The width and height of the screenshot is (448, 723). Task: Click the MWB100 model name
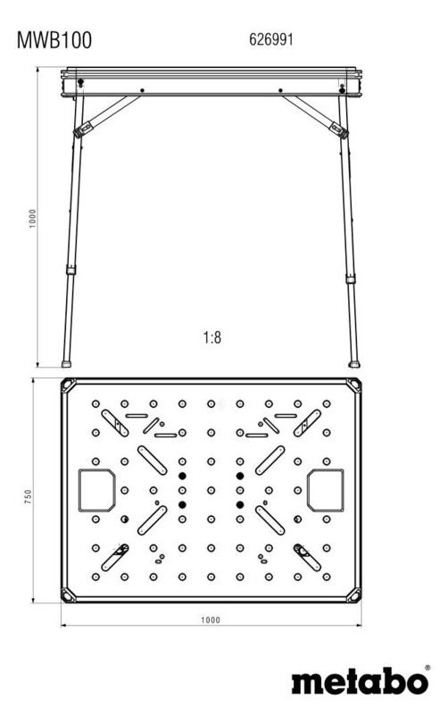[x=54, y=40]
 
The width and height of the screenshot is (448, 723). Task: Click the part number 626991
[x=271, y=39]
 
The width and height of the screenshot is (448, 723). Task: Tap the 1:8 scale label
[x=212, y=337]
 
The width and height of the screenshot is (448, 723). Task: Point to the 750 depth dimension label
[x=29, y=496]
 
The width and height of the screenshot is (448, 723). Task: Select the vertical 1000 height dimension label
[x=32, y=219]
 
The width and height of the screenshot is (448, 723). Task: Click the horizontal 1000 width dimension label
[x=211, y=620]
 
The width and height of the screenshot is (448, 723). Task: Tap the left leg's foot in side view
[x=67, y=364]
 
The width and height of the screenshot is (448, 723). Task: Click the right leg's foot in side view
[x=354, y=364]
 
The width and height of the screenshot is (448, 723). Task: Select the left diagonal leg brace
[x=107, y=116]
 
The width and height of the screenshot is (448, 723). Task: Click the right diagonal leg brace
[x=315, y=116]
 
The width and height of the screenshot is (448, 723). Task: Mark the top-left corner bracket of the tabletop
[x=69, y=386]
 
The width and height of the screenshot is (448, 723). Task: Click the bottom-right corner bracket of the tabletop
[x=353, y=594]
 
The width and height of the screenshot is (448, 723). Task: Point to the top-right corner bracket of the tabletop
[x=353, y=386]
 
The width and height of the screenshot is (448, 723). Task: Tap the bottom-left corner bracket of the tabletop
[x=69, y=594]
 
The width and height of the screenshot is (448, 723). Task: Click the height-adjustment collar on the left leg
[x=71, y=270]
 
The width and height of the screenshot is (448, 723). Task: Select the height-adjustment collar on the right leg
[x=351, y=278]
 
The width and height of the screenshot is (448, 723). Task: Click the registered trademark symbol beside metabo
[x=427, y=668]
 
